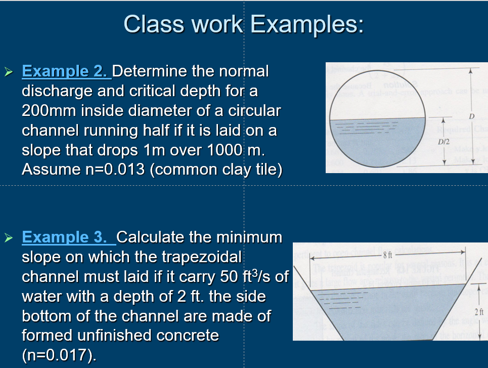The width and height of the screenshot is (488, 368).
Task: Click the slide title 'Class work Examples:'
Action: click(x=243, y=24)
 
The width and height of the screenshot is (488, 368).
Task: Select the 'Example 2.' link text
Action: click(x=67, y=71)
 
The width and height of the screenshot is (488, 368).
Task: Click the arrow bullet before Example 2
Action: click(x=9, y=72)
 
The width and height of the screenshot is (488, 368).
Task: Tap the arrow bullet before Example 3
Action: click(x=9, y=237)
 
